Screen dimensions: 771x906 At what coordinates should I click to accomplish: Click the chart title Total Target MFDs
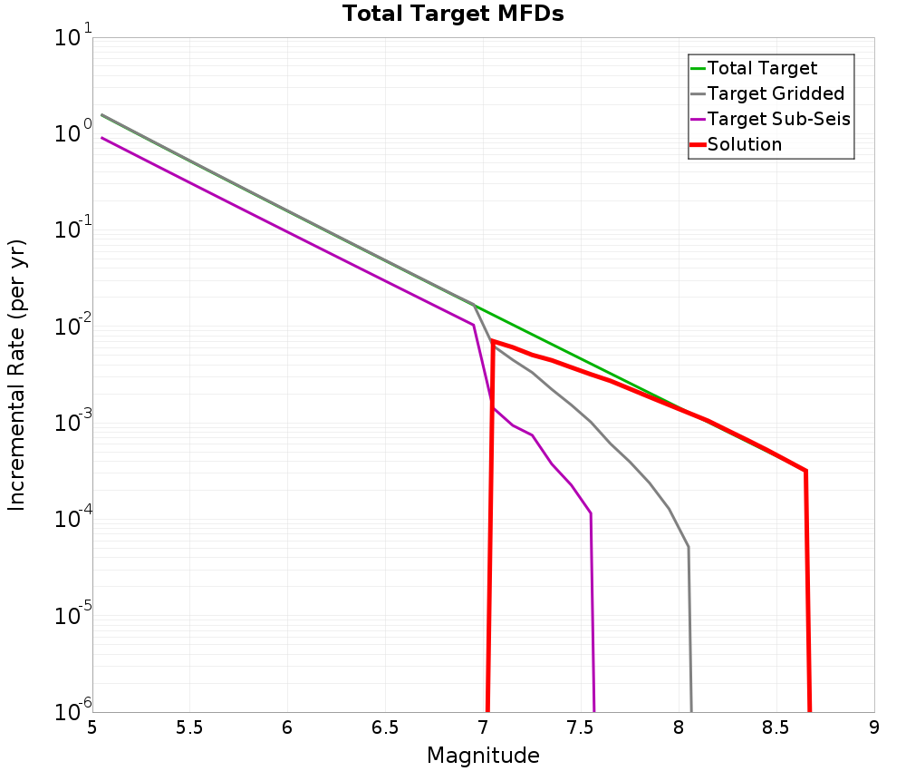(453, 14)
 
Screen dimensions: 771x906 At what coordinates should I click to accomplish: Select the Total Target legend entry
(762, 68)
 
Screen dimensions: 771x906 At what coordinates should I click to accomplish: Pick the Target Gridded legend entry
(776, 93)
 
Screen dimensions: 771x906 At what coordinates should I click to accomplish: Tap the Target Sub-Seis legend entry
(778, 119)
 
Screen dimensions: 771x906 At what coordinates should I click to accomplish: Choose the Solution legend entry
(744, 144)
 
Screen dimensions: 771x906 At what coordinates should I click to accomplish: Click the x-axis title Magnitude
(483, 756)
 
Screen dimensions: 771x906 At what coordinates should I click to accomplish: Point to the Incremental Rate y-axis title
(17, 375)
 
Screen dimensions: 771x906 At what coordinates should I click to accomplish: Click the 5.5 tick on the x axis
(189, 727)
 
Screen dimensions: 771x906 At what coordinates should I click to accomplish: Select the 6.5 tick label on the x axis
(385, 727)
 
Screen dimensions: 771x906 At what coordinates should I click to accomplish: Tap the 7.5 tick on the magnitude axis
(581, 727)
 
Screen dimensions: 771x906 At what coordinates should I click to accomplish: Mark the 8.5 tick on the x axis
(776, 727)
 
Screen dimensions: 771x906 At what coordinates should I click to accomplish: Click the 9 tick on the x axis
(874, 727)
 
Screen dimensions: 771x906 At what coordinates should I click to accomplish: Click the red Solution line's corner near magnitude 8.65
(805, 471)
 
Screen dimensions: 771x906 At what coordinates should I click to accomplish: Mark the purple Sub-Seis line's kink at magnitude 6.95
(473, 325)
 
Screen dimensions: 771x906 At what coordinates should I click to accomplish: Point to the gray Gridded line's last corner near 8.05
(689, 547)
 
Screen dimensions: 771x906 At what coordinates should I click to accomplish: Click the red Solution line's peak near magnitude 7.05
(492, 341)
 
